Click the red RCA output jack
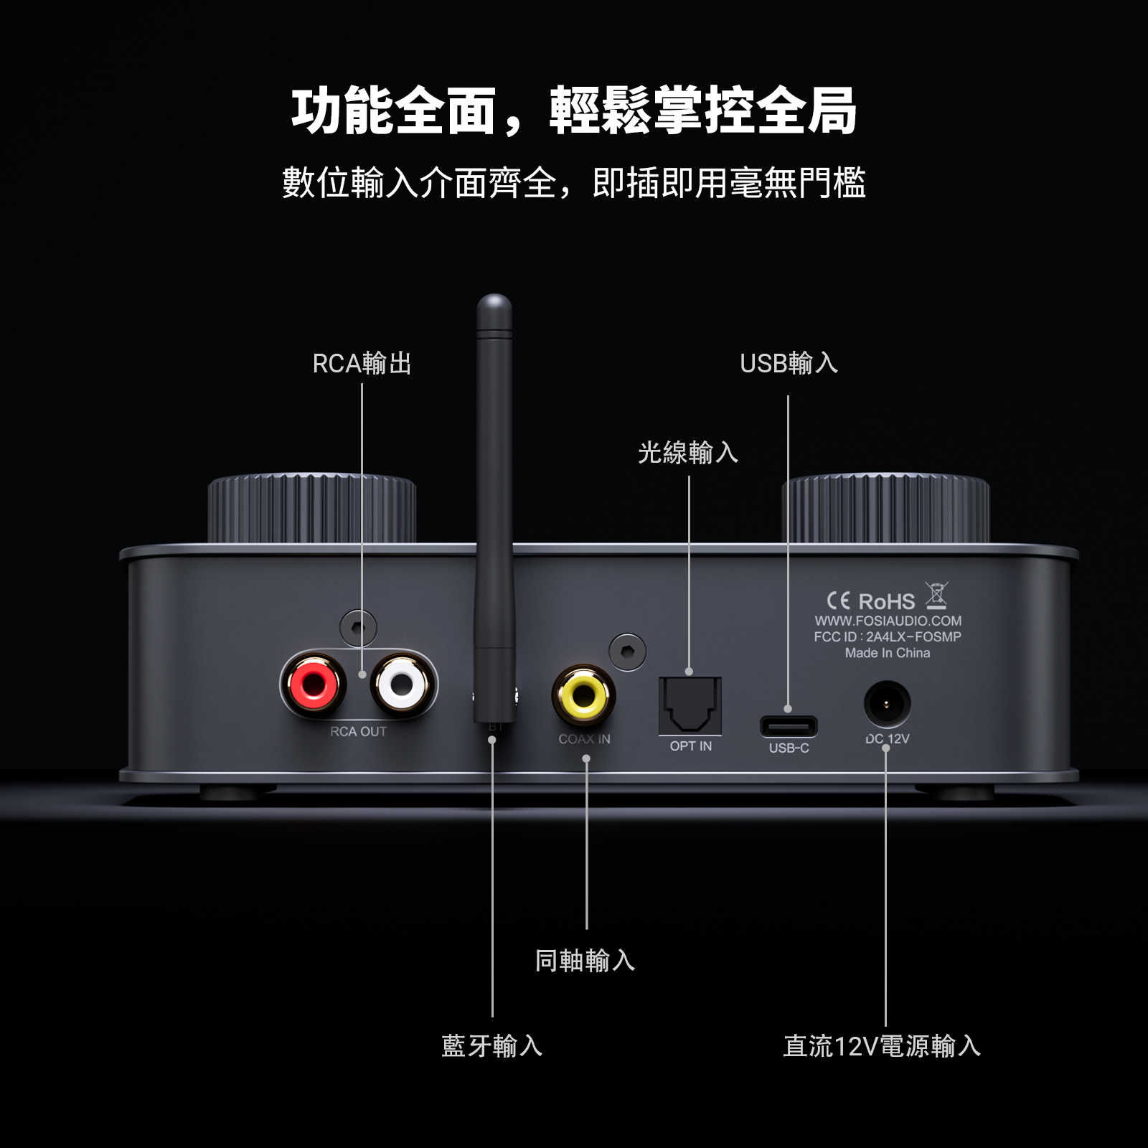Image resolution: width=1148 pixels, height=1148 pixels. (x=314, y=684)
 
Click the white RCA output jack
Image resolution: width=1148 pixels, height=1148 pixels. (x=403, y=684)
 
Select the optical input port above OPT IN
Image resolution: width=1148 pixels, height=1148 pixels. (x=690, y=705)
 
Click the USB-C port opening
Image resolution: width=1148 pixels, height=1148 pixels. (x=789, y=726)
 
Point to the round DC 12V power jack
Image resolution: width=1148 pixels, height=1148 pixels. (x=888, y=705)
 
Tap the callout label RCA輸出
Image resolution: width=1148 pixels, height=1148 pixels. (x=362, y=363)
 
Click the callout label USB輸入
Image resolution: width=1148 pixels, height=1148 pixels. (x=789, y=363)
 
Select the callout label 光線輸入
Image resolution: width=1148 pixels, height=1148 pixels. (x=688, y=453)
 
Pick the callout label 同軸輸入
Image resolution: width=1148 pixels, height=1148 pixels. (x=585, y=961)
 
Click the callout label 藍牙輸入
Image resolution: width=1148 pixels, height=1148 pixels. (x=492, y=1045)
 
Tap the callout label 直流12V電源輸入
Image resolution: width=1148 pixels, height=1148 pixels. (x=882, y=1045)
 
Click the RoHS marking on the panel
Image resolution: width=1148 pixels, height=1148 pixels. (x=886, y=601)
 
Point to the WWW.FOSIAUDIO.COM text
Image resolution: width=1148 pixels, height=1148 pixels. (x=888, y=621)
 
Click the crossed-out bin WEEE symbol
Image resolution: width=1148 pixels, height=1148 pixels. (x=936, y=596)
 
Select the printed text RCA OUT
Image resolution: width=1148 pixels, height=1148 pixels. (x=358, y=731)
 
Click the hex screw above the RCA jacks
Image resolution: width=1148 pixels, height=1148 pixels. (x=358, y=628)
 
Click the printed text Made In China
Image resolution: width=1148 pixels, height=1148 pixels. (x=888, y=653)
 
